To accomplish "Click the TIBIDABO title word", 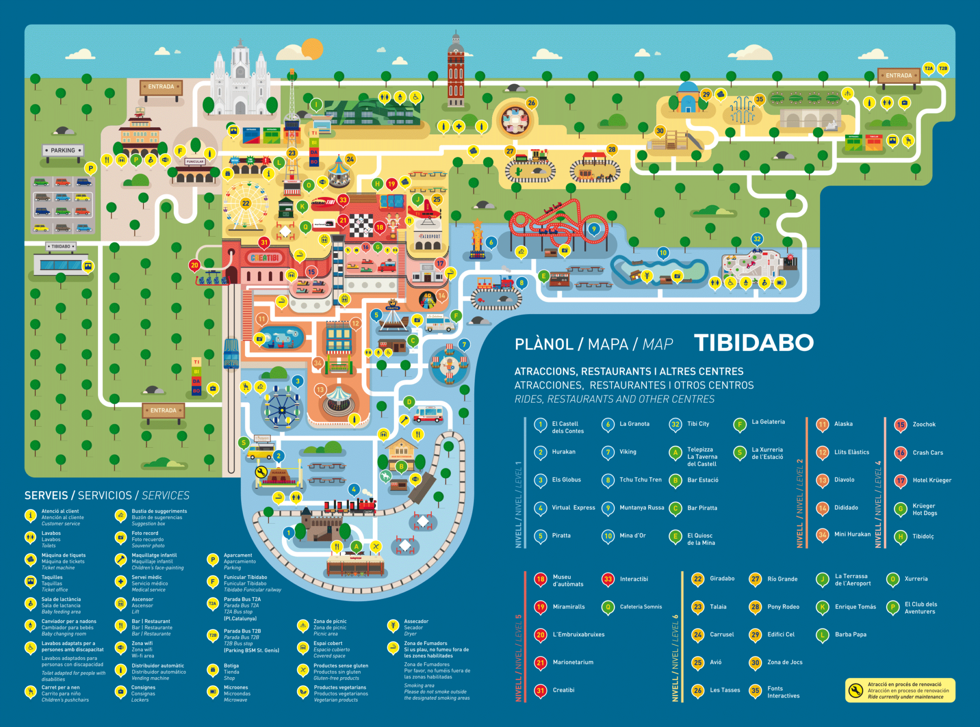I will coord(754,343).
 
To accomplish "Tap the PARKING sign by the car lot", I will coord(63,150).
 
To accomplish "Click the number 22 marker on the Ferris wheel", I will coord(245,203).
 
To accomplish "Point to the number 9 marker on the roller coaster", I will coord(594,229).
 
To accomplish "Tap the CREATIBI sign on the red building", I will coord(265,258).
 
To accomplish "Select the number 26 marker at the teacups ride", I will coord(531,103).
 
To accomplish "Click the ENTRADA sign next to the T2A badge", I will coord(898,76).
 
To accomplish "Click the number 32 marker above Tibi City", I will coord(757,239).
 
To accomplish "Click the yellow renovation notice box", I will coord(900,690).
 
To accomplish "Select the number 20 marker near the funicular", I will coord(194,265).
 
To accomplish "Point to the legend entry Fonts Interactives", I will coord(783,692).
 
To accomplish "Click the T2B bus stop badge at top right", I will coord(943,68).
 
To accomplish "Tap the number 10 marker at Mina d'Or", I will coord(663,253).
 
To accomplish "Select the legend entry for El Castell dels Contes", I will coord(567,427).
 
